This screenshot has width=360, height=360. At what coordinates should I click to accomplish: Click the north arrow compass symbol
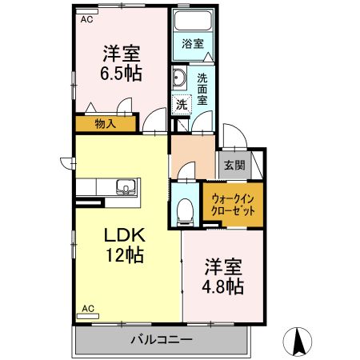pos(298,342)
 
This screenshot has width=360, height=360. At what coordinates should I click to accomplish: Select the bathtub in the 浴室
pos(193,21)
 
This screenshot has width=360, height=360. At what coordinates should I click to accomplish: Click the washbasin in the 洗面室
pos(178,78)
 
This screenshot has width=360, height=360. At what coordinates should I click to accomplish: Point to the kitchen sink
pos(126,186)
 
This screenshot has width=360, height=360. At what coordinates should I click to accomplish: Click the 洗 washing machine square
pos(182,105)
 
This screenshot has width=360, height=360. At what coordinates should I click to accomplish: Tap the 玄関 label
pos(234,165)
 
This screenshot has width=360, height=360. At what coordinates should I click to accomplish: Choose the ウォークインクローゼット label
pos(233,205)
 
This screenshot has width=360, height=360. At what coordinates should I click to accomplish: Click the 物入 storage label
pos(106,124)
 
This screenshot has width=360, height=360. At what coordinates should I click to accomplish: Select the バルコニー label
pos(162,340)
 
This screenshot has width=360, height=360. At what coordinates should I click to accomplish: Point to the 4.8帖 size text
pos(223,286)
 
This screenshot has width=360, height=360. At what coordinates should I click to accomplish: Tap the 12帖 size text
pos(125,255)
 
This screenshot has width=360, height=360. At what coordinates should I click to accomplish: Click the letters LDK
pos(125,235)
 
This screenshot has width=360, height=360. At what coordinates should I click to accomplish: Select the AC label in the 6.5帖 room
pos(87,19)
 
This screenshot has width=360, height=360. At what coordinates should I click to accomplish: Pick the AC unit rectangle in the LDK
pos(88,316)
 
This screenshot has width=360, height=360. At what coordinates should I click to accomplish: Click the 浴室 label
pos(193,44)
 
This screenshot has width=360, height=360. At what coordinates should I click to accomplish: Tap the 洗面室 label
pos(202,90)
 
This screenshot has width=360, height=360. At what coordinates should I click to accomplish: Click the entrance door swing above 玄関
pos(234,135)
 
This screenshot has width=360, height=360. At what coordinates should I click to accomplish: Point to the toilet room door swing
pos(186,170)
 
